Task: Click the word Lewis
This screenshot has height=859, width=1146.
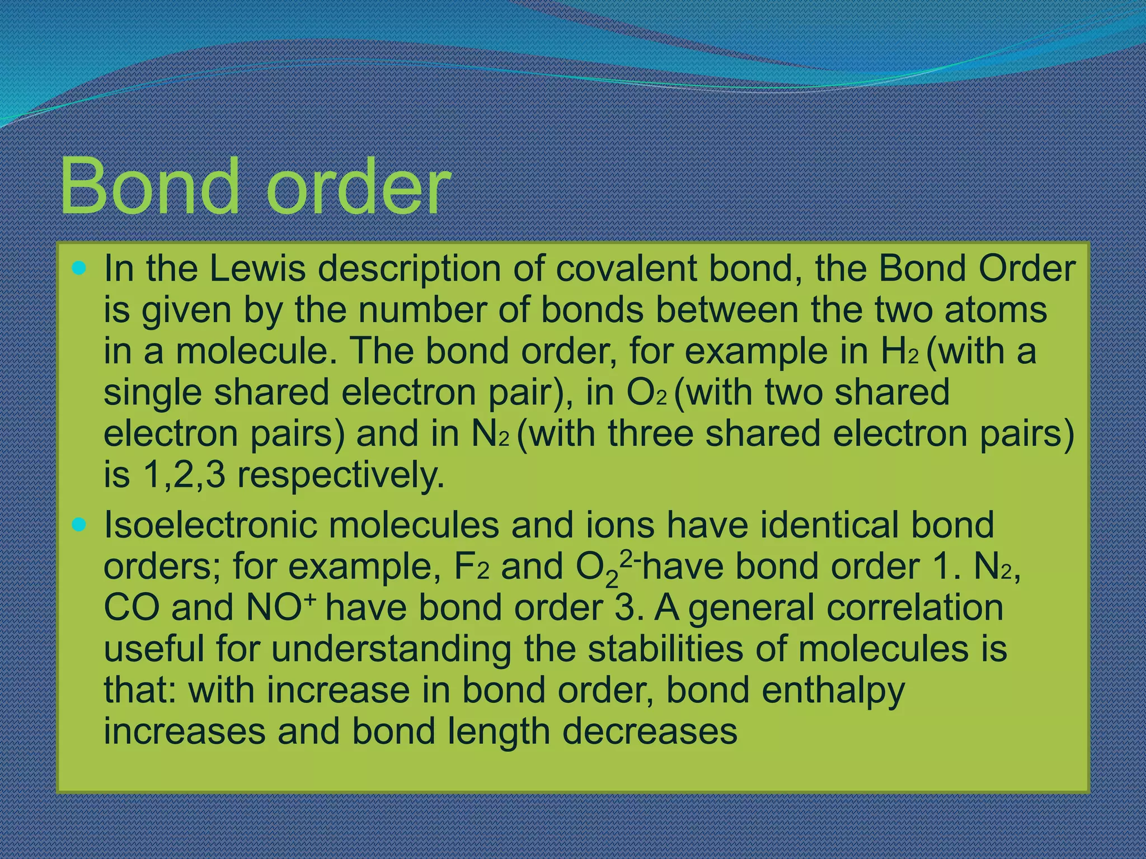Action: point(258,269)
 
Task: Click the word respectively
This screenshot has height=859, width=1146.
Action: point(341,476)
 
